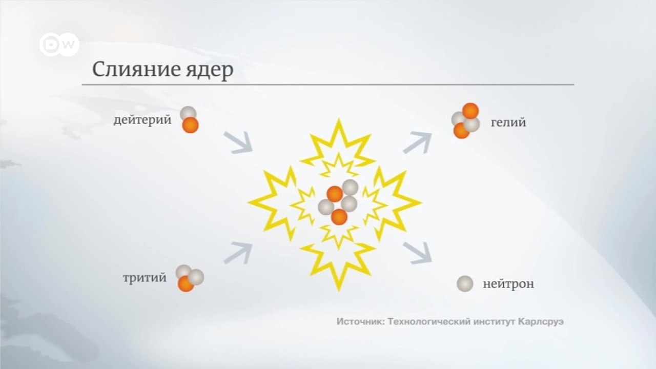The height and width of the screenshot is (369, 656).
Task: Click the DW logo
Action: (59, 46)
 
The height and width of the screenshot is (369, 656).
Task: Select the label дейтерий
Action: (142, 121)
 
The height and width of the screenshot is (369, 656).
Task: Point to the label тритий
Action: (145, 278)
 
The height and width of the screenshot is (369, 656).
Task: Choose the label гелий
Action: (508, 123)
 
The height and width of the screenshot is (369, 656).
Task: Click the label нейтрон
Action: (508, 284)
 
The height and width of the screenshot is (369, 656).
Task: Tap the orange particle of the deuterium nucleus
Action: (191, 125)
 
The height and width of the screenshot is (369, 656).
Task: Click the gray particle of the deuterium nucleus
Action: (188, 114)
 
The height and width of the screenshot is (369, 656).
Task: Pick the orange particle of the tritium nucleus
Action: (185, 284)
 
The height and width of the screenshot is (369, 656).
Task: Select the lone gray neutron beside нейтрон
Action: (465, 283)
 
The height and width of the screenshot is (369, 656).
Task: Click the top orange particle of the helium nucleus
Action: (470, 111)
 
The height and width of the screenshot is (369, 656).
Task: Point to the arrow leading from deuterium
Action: (238, 142)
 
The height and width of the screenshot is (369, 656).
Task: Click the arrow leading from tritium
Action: (238, 252)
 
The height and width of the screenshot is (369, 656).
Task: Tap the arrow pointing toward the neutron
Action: (417, 253)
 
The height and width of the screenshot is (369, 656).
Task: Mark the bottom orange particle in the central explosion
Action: (339, 217)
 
